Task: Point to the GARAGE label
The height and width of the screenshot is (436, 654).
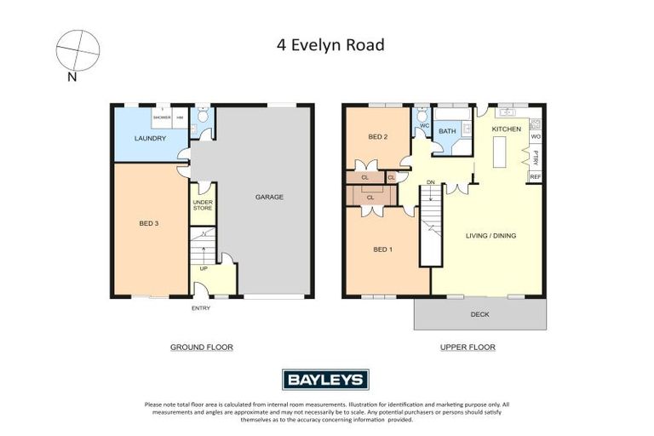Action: (269, 197)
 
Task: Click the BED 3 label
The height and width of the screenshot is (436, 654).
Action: (149, 224)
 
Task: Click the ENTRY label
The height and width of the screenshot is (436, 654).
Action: (200, 307)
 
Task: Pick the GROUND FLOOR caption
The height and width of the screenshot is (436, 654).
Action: (202, 347)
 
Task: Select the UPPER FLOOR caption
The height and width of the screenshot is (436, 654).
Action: (468, 347)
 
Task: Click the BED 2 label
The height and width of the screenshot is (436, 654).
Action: (378, 137)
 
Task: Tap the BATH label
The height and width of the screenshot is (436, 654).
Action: (447, 131)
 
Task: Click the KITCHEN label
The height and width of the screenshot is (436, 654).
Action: (507, 129)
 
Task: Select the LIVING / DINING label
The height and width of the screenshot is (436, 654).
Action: (491, 236)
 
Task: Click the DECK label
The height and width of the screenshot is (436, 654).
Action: (480, 313)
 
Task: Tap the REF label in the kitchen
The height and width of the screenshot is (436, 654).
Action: (536, 177)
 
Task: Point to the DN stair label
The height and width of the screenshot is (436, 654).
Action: (431, 182)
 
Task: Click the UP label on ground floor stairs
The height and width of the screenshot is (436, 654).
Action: (204, 269)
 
